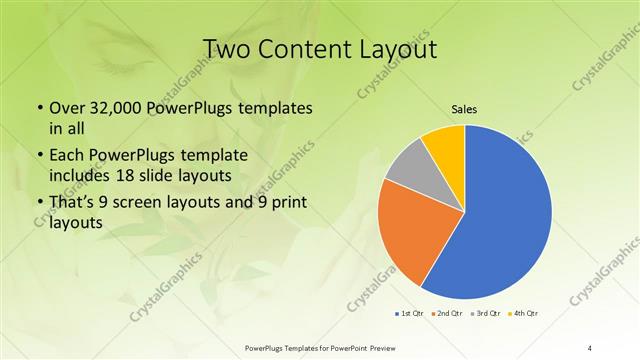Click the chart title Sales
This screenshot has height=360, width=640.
[465, 108]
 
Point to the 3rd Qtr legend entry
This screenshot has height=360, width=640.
[486, 314]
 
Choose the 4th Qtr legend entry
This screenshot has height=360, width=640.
[524, 314]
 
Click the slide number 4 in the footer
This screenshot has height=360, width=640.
[590, 347]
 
